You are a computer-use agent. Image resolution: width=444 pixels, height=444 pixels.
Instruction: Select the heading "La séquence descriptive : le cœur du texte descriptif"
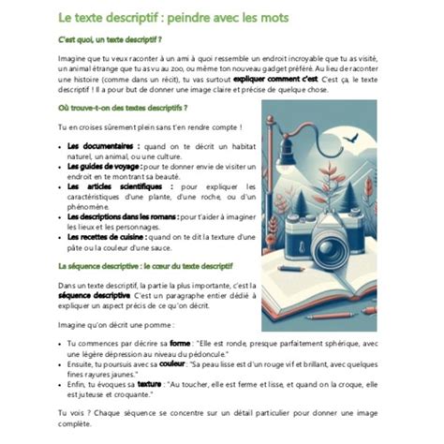tap(145, 267)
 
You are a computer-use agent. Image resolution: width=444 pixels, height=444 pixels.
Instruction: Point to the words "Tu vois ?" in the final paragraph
tap(73, 414)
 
